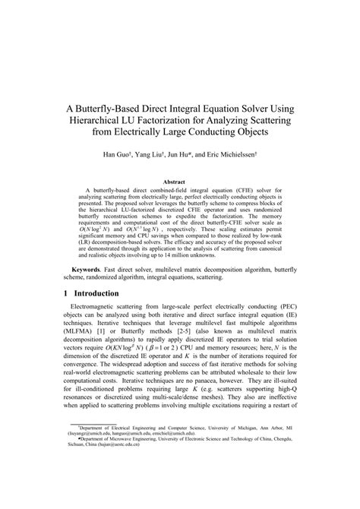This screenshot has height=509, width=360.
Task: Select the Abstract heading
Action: (x=179, y=182)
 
